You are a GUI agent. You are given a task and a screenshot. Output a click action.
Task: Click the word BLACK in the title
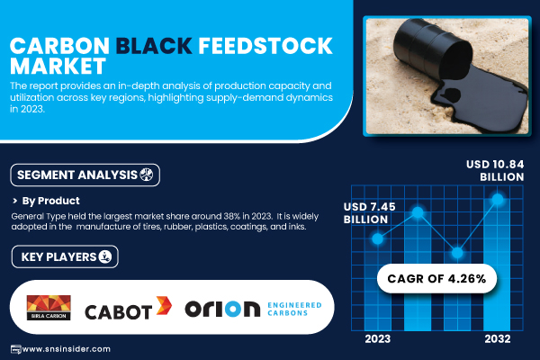(x=154, y=46)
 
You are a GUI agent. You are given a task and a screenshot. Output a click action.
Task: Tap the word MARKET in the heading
(x=58, y=66)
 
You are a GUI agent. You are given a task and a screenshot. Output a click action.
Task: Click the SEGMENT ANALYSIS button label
(x=77, y=175)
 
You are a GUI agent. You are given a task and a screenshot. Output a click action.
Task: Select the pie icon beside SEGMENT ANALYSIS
(x=147, y=175)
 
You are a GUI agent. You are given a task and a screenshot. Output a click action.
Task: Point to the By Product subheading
(x=50, y=201)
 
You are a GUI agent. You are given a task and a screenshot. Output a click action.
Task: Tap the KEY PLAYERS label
(x=58, y=257)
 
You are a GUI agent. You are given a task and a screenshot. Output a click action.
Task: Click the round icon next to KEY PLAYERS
(x=105, y=256)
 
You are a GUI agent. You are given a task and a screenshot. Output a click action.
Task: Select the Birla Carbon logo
(x=49, y=308)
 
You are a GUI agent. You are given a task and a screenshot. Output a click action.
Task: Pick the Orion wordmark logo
(x=222, y=309)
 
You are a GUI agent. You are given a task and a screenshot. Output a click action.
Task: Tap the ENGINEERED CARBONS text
(x=294, y=309)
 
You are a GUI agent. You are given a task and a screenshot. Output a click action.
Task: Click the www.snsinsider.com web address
(x=67, y=349)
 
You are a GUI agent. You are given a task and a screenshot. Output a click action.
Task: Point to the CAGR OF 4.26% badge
(x=436, y=278)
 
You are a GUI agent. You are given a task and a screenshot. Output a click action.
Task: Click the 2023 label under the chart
(x=378, y=339)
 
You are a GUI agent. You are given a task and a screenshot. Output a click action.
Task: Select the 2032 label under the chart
(x=498, y=339)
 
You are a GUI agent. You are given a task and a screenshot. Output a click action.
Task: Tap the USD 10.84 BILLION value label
(x=495, y=170)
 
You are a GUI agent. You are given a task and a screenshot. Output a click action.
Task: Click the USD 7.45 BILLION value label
(x=370, y=213)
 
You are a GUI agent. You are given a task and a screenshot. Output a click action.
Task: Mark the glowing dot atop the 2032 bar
(x=498, y=199)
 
